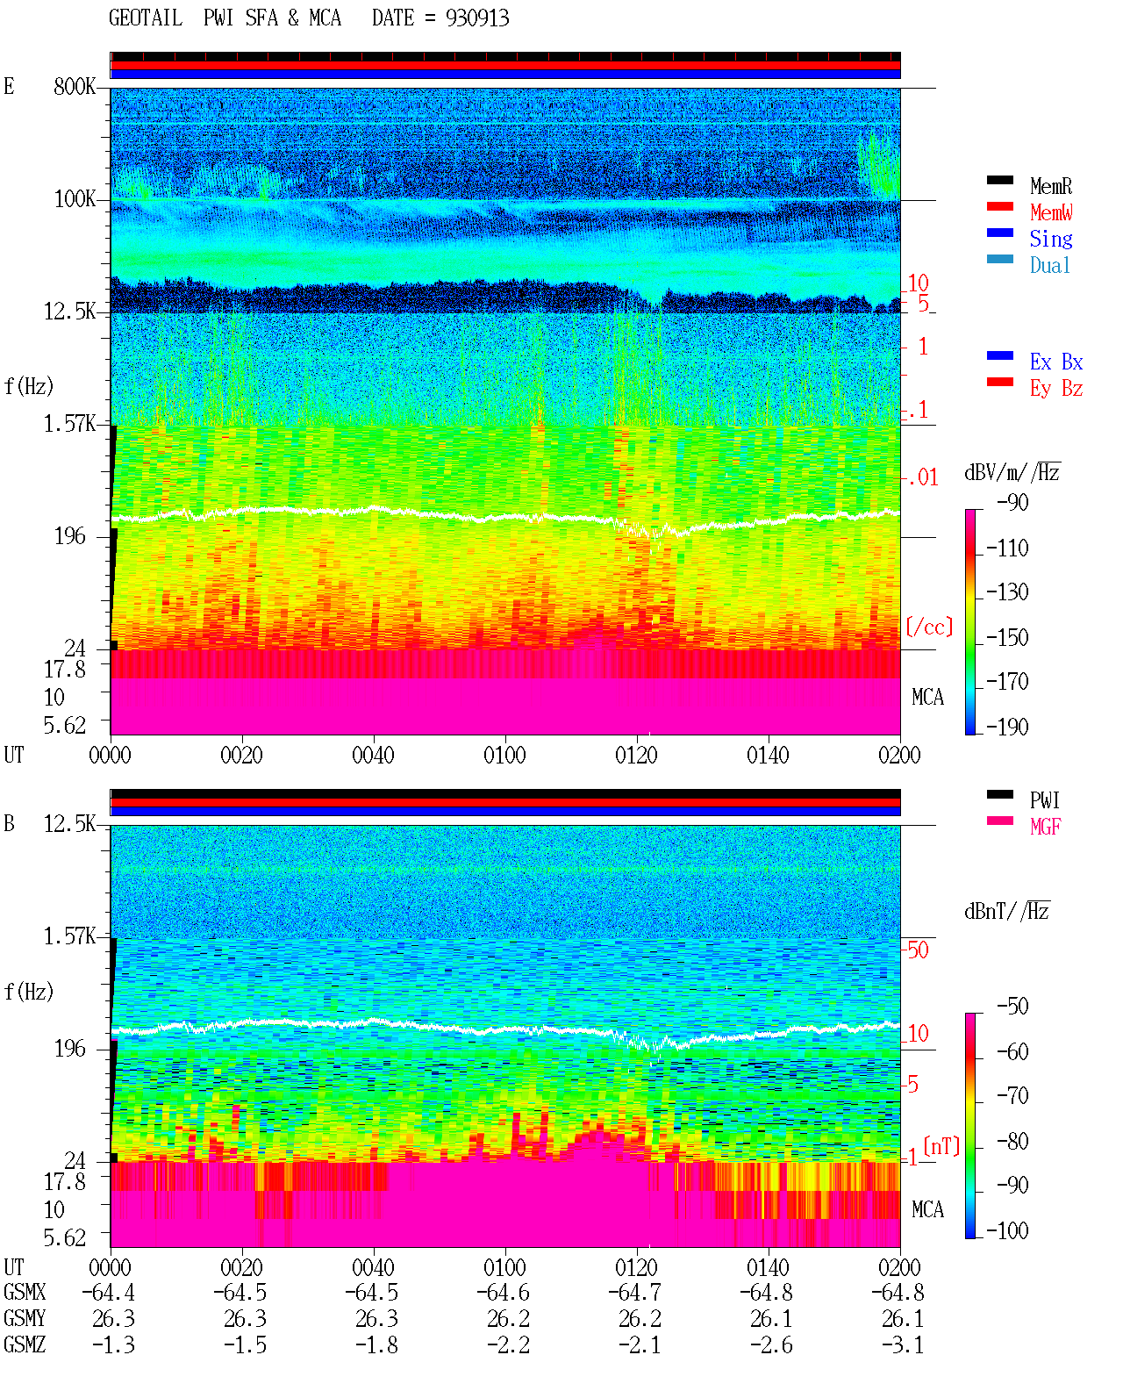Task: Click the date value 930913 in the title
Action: click(x=476, y=18)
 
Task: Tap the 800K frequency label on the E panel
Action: click(x=75, y=86)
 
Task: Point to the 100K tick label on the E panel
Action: click(x=75, y=199)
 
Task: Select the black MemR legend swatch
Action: click(x=999, y=180)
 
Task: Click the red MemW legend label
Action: click(x=1051, y=212)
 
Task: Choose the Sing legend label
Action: click(x=1051, y=239)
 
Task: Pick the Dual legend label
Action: click(x=1049, y=265)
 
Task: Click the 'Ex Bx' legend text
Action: click(x=1056, y=362)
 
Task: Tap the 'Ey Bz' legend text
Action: click(x=1056, y=389)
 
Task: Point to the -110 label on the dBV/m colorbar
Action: click(x=1007, y=548)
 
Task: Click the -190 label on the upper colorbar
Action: click(x=1007, y=727)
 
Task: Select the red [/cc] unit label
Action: click(x=929, y=627)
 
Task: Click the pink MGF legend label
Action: click(x=1045, y=827)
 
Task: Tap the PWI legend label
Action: click(x=1045, y=800)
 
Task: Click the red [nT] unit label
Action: click(x=941, y=1147)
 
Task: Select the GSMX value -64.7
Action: click(x=635, y=1293)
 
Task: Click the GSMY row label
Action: click(x=25, y=1319)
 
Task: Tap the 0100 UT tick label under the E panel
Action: click(x=504, y=755)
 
